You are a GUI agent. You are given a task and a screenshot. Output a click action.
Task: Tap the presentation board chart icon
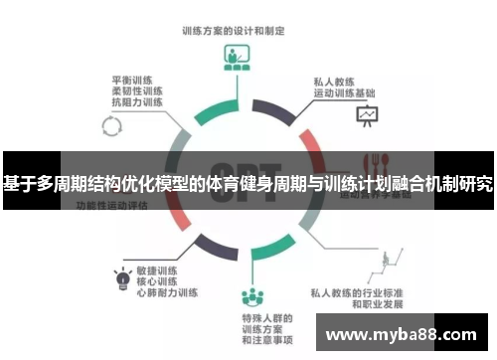pos(368,116)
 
